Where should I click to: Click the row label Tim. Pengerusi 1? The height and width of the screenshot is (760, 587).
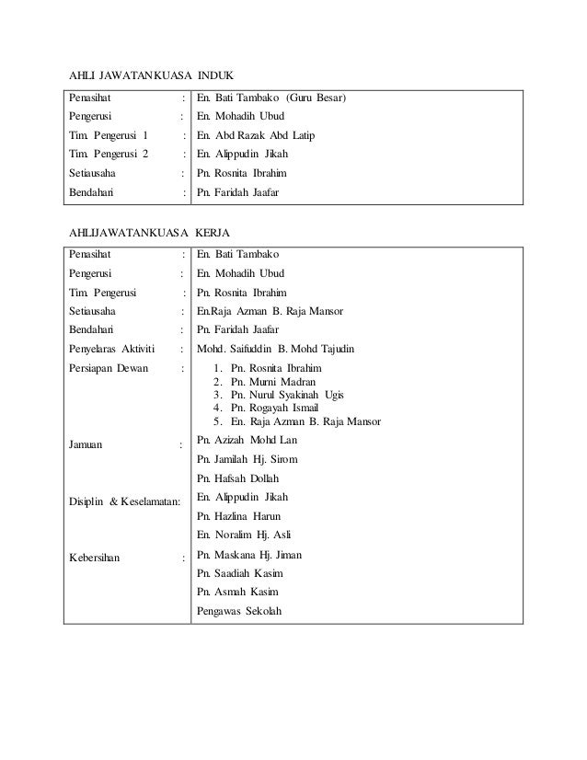click(108, 135)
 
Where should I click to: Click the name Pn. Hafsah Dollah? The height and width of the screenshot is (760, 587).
click(237, 478)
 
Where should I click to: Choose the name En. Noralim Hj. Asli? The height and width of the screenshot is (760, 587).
click(244, 535)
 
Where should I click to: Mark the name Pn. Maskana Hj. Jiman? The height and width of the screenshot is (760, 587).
click(249, 554)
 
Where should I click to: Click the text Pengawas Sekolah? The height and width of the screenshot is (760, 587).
click(240, 611)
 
